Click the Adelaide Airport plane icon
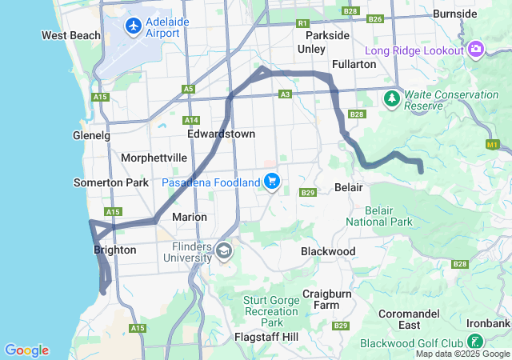click(133, 27)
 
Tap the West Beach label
click(71, 35)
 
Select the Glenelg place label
click(91, 135)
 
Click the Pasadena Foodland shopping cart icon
click(273, 182)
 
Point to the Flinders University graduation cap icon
click(223, 251)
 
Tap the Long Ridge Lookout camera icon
click(476, 50)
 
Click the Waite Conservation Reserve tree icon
click(392, 98)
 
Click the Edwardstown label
click(221, 134)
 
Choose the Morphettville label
click(154, 158)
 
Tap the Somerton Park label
click(110, 182)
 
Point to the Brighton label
click(115, 250)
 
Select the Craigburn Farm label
click(326, 299)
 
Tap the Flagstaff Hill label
click(266, 337)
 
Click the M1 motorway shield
click(492, 144)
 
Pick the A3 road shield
click(285, 94)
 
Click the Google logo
click(26, 350)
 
